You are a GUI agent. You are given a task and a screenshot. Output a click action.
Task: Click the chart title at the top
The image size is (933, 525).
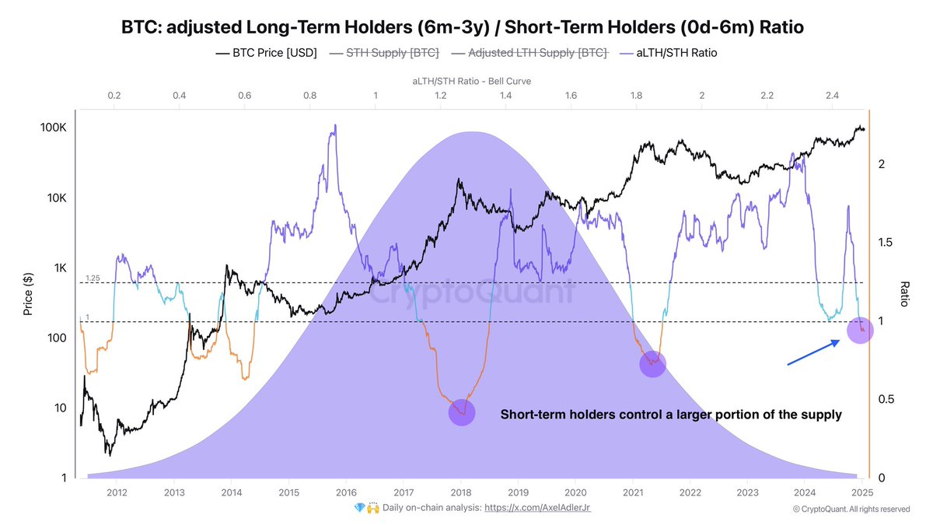pyautogui.click(x=462, y=27)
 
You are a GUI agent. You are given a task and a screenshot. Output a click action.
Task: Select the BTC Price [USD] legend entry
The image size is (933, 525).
pyautogui.click(x=266, y=53)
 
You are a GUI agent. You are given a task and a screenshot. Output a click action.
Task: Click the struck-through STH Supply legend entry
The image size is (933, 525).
pyautogui.click(x=384, y=53)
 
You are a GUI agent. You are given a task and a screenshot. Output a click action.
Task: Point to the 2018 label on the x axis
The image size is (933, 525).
pyautogui.click(x=461, y=492)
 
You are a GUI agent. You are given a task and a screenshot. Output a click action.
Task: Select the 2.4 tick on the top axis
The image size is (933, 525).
pyautogui.click(x=832, y=96)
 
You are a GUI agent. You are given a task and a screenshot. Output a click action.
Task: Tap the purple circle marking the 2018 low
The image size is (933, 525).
pyautogui.click(x=462, y=412)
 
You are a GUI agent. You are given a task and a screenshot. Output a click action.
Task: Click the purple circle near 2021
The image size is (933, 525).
pyautogui.click(x=652, y=364)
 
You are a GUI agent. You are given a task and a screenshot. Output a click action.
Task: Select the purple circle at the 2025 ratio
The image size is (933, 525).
pyautogui.click(x=860, y=331)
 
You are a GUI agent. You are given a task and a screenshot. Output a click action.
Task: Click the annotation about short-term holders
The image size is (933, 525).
pyautogui.click(x=670, y=415)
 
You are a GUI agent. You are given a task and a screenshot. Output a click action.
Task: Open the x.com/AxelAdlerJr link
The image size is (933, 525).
pyautogui.click(x=538, y=507)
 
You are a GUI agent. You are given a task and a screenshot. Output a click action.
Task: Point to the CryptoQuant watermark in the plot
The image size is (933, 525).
pyautogui.click(x=470, y=292)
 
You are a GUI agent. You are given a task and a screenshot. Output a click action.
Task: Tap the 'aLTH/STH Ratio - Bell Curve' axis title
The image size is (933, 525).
pyautogui.click(x=471, y=81)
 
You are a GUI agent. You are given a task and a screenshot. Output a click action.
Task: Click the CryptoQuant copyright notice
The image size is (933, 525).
pyautogui.click(x=851, y=509)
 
